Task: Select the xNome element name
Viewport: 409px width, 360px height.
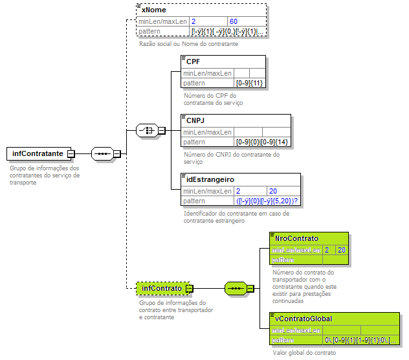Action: [x=153, y=11]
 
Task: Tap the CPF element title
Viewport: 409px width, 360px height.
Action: [x=193, y=62]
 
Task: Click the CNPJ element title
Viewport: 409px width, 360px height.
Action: [x=195, y=120]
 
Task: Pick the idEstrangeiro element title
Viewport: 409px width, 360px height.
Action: [x=210, y=179]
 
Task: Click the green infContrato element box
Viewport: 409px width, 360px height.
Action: [x=162, y=287]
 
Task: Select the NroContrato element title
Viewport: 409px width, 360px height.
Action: [x=296, y=238]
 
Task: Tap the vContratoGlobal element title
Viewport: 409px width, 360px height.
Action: [x=304, y=319]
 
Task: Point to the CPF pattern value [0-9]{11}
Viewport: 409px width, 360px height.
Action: [x=249, y=83]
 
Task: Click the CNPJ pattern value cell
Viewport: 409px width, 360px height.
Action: [x=262, y=142]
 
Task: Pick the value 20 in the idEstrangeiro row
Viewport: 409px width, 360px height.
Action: [x=273, y=191]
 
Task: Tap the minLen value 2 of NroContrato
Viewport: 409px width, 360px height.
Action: [x=327, y=249]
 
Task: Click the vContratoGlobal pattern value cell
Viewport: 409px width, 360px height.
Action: [x=360, y=340]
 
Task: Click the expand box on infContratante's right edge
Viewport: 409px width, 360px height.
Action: [x=71, y=154]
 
